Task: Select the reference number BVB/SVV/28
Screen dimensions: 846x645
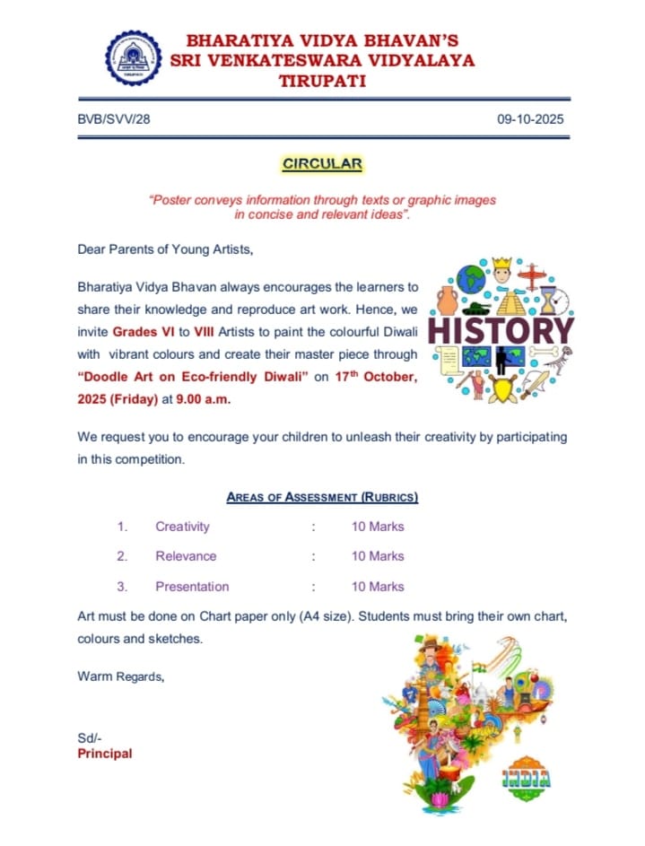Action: (114, 119)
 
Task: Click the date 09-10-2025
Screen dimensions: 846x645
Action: (530, 119)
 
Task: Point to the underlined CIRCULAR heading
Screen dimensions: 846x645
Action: (322, 164)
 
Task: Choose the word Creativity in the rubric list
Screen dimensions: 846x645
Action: (182, 527)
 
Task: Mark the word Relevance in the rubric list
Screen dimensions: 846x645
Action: (186, 556)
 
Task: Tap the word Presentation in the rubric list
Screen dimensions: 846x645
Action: (192, 587)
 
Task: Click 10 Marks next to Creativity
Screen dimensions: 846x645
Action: (378, 527)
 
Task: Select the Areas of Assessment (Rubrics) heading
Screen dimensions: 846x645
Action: (322, 496)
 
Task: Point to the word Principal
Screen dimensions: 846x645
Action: (105, 754)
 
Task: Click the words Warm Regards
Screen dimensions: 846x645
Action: (121, 676)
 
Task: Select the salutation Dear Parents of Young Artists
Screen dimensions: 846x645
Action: (166, 250)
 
